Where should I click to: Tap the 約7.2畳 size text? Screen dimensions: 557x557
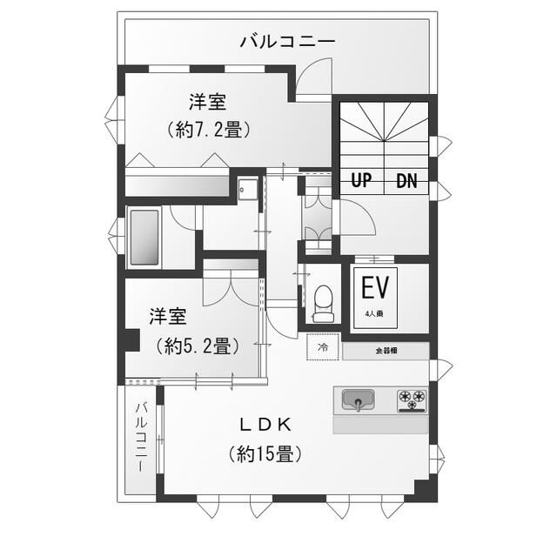click(x=209, y=130)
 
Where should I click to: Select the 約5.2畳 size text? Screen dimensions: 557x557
click(x=198, y=345)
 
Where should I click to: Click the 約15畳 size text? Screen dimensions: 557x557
click(x=266, y=453)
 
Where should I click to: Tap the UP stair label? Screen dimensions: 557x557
click(x=361, y=181)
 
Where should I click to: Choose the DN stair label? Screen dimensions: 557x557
click(x=406, y=181)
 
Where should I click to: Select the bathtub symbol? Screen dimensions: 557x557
click(x=144, y=237)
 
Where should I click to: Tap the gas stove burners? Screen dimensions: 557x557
click(x=413, y=399)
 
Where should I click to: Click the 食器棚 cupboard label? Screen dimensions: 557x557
click(x=385, y=351)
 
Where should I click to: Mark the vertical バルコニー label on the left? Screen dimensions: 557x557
click(x=140, y=438)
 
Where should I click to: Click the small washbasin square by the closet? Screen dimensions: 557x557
click(x=248, y=189)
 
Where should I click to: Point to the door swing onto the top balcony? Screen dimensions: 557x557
click(x=313, y=78)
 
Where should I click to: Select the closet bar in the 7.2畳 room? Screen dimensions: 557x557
click(x=178, y=185)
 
